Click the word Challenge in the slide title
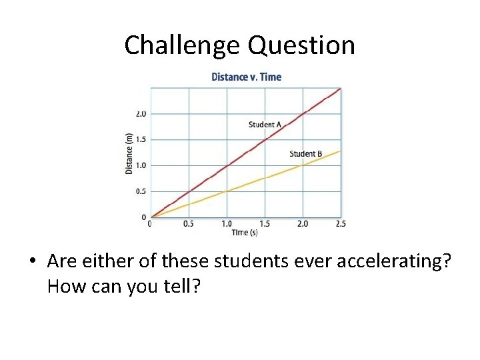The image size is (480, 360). coord(183,45)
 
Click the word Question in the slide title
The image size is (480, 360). coord(301,45)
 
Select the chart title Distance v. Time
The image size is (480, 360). coord(246,77)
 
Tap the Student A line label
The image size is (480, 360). coord(265,125)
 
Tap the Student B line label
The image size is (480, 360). coord(306,154)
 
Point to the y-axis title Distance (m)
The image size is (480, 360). coord(129,154)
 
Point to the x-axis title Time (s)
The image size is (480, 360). coord(245,232)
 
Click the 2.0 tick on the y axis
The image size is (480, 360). coord(141,114)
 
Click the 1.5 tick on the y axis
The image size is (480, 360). coord(141,140)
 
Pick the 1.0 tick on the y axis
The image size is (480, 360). coord(141,165)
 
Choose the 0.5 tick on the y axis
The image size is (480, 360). coord(141,191)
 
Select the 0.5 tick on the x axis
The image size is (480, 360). coord(189,224)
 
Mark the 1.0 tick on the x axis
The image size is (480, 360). coord(227,224)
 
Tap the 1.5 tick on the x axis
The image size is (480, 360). coord(265,224)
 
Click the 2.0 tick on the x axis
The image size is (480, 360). coord(302,224)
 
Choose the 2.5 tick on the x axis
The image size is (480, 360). coord(340,224)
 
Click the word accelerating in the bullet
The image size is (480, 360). coord(392,262)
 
